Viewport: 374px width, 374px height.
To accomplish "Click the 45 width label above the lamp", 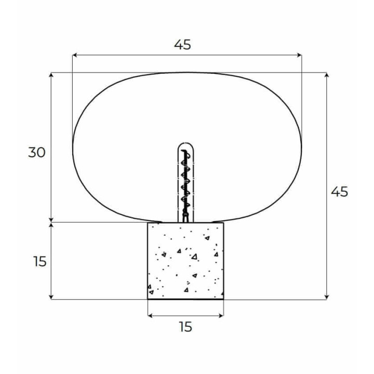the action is pyautogui.click(x=182, y=45).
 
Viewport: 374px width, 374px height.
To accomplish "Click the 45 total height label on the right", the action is pyautogui.click(x=339, y=192).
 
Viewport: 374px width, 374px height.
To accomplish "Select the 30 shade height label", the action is pyautogui.click(x=37, y=152).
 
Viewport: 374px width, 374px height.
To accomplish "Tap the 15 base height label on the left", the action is pyautogui.click(x=39, y=261).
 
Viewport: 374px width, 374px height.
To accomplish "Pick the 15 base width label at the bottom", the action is pyautogui.click(x=185, y=327).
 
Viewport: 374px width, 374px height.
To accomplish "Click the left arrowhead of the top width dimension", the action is pyautogui.click(x=74, y=56).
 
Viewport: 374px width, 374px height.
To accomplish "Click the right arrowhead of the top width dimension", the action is pyautogui.click(x=299, y=56).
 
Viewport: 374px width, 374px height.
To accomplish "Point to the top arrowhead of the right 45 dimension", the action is pyautogui.click(x=327, y=75).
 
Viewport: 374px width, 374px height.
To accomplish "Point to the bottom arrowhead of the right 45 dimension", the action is pyautogui.click(x=327, y=297).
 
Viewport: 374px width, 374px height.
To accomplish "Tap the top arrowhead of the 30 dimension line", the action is pyautogui.click(x=51, y=75).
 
